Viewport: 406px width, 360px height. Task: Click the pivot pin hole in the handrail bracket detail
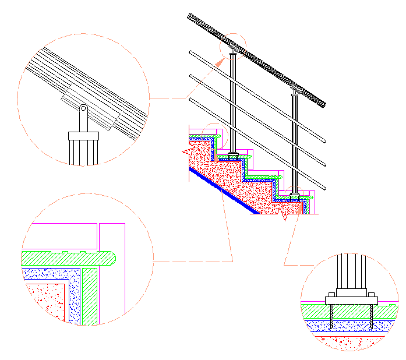pyautogui.click(x=83, y=108)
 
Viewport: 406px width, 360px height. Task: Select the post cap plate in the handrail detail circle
pyautogui.click(x=84, y=136)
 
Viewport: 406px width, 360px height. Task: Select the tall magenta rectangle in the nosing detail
pyautogui.click(x=113, y=274)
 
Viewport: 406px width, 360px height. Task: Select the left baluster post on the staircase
pyautogui.click(x=233, y=105)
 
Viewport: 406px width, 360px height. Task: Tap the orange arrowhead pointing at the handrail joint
pyautogui.click(x=223, y=58)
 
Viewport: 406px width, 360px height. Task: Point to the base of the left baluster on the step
pyautogui.click(x=233, y=156)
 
